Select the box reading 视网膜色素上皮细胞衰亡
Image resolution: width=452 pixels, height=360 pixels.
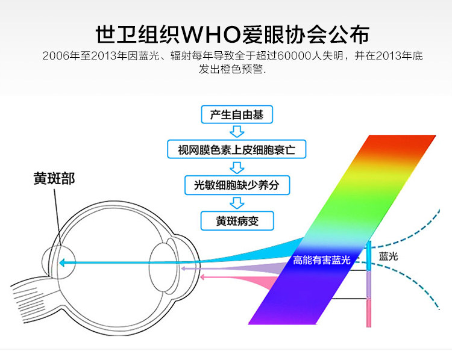pos(237,149)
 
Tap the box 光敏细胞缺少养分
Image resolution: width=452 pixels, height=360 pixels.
pos(237,185)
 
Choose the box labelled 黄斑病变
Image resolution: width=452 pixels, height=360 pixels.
pos(236,220)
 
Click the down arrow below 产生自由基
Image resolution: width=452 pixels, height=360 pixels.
pos(237,131)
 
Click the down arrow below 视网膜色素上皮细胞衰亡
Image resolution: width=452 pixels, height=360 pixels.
pos(237,167)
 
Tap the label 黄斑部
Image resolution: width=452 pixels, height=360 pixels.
pos(54,178)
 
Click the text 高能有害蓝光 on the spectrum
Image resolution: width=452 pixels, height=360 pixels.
pos(321,261)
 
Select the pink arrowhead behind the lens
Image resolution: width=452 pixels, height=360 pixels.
pos(202,277)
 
